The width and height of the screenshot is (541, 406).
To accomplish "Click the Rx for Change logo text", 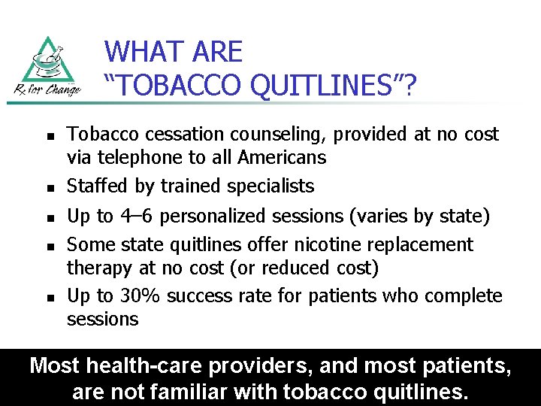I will pyautogui.click(x=47, y=91).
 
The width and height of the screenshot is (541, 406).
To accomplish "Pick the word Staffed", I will pyautogui.click(x=98, y=186).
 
